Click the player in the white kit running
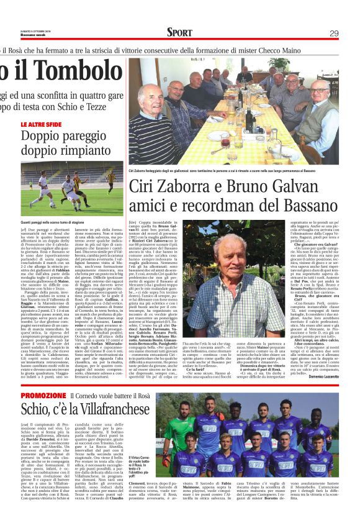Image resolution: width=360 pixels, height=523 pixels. tap(69, 190)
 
